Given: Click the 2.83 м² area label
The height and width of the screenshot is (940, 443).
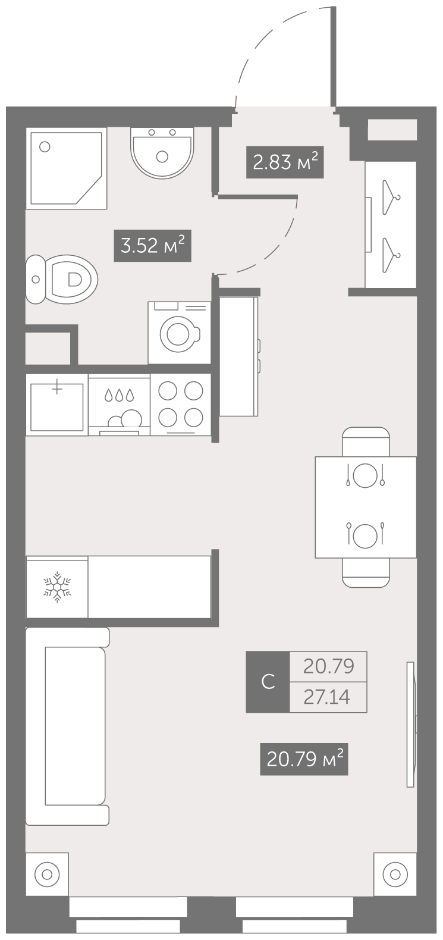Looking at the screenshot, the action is click(285, 162).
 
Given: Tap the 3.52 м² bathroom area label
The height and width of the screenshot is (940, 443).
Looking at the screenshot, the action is click(153, 246).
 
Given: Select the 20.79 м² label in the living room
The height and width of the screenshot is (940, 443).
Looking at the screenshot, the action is click(304, 759).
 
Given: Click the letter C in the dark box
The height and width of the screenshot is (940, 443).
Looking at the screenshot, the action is click(268, 682).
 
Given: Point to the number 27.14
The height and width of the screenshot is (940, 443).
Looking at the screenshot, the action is click(327, 697).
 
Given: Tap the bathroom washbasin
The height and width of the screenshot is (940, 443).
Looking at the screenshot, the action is click(162, 152).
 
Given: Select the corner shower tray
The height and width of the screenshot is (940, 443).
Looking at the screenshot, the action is click(66, 168).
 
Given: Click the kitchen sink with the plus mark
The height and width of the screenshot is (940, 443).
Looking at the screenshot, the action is click(57, 405).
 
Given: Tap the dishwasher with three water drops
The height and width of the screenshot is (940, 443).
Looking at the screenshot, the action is click(119, 405).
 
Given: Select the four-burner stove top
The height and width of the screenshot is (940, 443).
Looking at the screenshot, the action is click(180, 405).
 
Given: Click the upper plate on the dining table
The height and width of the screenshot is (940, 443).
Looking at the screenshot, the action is click(365, 475).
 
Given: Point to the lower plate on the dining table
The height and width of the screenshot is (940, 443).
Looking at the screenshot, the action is click(365, 535).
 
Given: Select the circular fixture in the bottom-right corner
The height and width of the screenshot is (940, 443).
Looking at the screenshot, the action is click(395, 875).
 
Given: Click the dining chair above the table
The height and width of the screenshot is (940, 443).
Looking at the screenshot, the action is click(366, 442).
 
